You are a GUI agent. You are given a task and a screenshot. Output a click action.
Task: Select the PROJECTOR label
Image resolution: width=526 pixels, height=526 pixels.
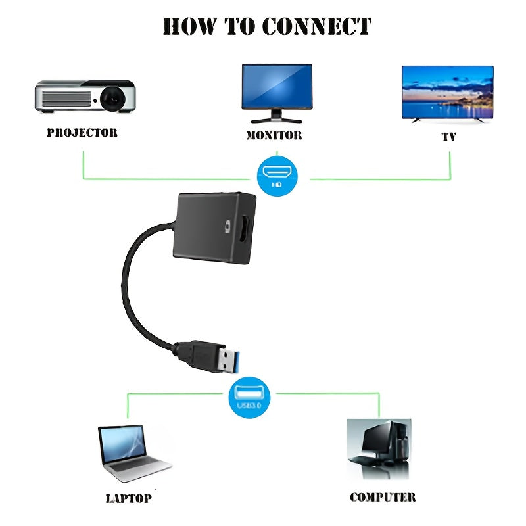pyautogui.click(x=82, y=133)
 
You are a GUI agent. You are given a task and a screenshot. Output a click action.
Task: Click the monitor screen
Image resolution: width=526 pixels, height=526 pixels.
pyautogui.click(x=277, y=86)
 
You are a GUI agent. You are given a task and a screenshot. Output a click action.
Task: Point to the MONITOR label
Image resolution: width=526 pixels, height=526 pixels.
pyautogui.click(x=274, y=135)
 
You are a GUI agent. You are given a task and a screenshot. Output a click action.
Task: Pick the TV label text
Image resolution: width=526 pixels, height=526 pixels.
pyautogui.click(x=449, y=137)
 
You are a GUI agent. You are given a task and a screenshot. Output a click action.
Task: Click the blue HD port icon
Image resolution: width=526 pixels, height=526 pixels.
pyautogui.click(x=275, y=174)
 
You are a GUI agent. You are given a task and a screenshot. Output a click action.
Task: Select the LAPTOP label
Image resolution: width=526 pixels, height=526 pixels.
pyautogui.click(x=129, y=498)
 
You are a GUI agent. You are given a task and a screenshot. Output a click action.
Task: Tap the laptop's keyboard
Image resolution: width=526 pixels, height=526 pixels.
pyautogui.click(x=138, y=468)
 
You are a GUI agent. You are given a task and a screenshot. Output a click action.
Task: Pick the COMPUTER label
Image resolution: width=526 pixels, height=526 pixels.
pyautogui.click(x=383, y=497)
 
